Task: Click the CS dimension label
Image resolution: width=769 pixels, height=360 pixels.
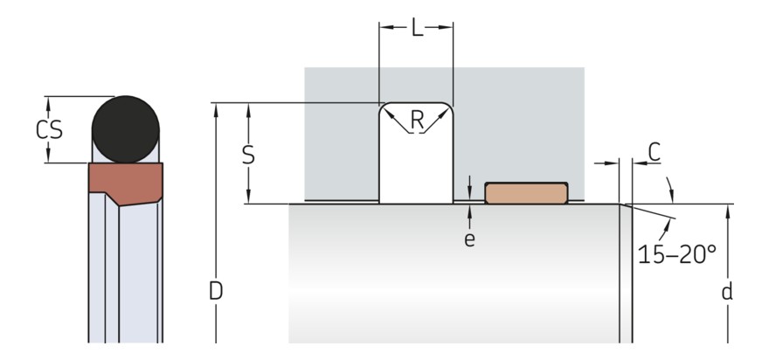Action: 50,129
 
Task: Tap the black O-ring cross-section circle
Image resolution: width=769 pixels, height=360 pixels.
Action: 126,128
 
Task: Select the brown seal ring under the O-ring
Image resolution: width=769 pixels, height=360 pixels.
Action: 124,183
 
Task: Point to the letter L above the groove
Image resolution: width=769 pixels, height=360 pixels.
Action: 416,28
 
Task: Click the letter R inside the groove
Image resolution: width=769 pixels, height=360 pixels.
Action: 416,121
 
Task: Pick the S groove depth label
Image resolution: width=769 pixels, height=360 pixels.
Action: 248,155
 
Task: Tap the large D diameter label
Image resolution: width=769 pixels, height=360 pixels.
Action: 215,291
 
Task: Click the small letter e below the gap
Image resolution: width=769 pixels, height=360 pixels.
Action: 469,239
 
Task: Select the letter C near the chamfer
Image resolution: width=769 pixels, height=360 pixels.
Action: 654,151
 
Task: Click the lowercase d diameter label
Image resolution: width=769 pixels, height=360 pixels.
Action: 726,291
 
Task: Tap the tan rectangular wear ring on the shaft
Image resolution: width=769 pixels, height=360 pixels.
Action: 526,193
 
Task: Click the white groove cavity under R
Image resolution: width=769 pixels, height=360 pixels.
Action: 416,170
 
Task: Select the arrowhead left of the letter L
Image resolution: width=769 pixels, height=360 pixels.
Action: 384,28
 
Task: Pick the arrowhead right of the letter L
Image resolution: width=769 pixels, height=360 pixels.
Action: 447,28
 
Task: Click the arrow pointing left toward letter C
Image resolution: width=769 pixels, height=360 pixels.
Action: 636,163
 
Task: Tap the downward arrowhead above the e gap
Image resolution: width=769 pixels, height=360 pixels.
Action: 469,195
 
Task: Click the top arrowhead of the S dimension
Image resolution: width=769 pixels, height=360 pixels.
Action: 248,108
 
